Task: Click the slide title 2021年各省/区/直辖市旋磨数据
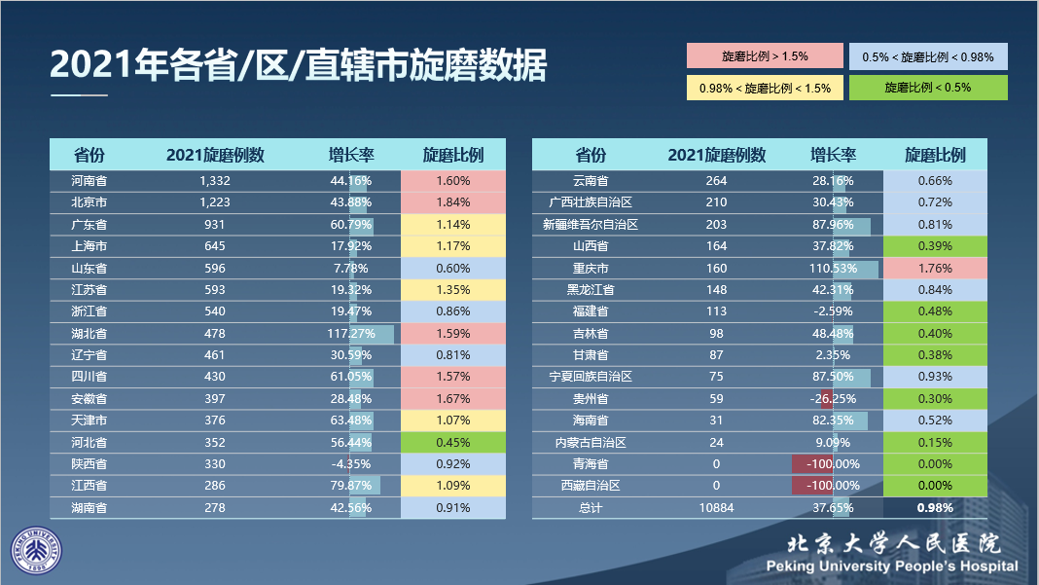click(x=298, y=65)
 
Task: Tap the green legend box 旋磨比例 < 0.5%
click(x=927, y=88)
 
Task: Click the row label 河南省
click(x=90, y=181)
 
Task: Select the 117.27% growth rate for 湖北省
click(x=351, y=334)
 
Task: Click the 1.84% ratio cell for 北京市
click(x=452, y=202)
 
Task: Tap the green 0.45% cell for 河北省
click(x=452, y=442)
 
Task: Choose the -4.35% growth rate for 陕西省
click(x=351, y=464)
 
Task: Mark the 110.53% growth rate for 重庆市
click(x=833, y=268)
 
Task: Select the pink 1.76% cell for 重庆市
click(x=935, y=268)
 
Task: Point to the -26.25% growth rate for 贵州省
click(x=833, y=399)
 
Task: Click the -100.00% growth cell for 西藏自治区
click(x=833, y=486)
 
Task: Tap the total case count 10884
click(x=716, y=507)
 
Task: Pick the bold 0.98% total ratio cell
click(x=935, y=507)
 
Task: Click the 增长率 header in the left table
click(x=351, y=155)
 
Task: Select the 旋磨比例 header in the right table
click(x=935, y=155)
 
